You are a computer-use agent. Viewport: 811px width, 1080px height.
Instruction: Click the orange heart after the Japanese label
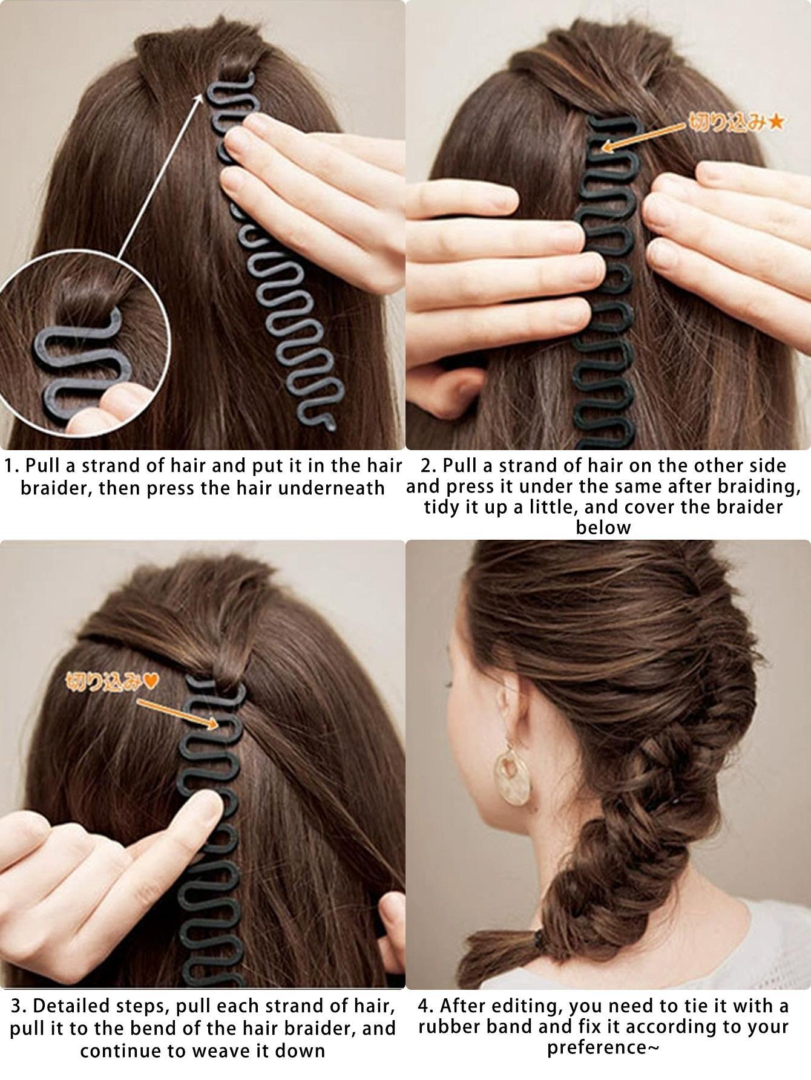[152, 682]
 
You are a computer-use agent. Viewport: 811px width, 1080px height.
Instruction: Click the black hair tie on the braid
[540, 938]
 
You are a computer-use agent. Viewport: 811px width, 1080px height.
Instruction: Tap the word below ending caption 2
[603, 528]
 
